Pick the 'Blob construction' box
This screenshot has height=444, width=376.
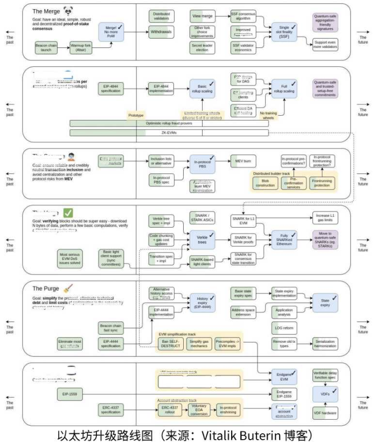pyautogui.click(x=264, y=184)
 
